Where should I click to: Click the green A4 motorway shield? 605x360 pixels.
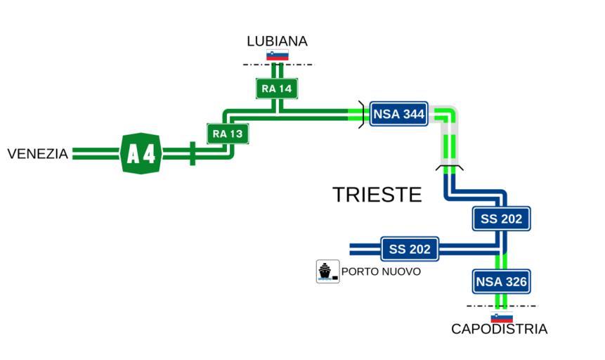point(141,153)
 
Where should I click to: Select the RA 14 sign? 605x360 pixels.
point(277,89)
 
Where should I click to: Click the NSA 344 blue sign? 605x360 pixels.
point(398,115)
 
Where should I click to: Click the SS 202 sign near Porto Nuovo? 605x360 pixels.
point(410,249)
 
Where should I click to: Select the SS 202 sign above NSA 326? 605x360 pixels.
point(501,219)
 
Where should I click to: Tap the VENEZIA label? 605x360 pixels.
point(37,153)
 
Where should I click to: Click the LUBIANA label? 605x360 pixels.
point(277,41)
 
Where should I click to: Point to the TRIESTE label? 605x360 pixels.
point(377,194)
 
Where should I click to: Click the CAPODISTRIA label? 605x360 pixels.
point(499,329)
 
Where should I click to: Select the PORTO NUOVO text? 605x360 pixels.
point(381,271)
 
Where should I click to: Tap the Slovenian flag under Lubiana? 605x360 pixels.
point(277,56)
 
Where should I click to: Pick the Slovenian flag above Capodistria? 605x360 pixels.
point(501,317)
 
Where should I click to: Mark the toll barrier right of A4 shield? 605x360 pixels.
point(192,153)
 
